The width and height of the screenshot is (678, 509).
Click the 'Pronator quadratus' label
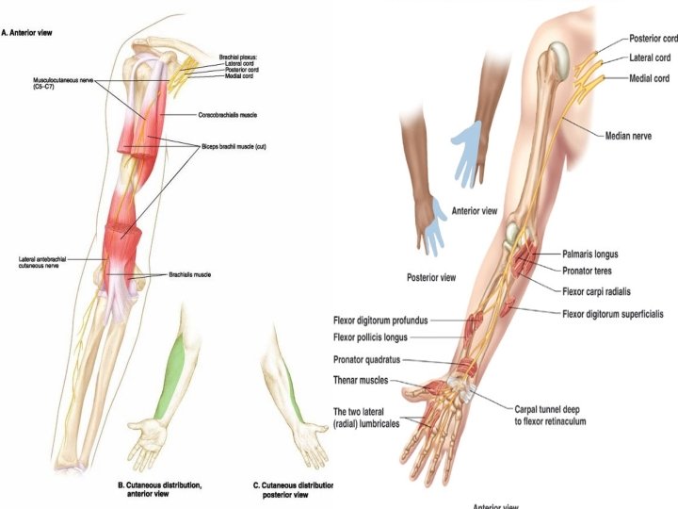coord(375,359)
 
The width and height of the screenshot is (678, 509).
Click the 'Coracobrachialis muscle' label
coord(228,115)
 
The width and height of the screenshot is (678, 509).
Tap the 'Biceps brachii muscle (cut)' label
coord(235,147)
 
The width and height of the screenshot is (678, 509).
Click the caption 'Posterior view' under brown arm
coord(432,278)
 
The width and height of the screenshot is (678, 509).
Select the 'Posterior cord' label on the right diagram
coord(652,40)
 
